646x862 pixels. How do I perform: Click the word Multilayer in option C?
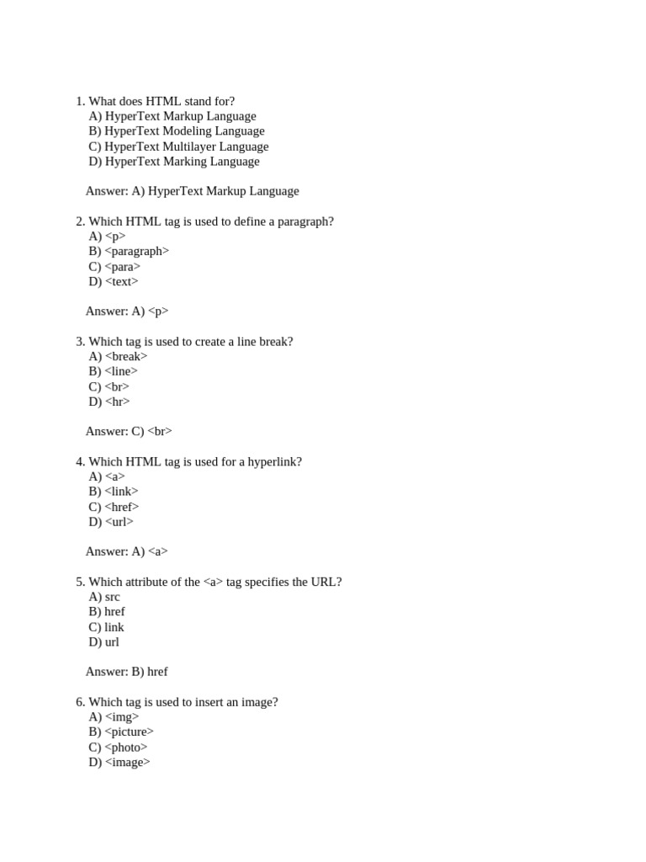pyautogui.click(x=189, y=146)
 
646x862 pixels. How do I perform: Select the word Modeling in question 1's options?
pyautogui.click(x=189, y=131)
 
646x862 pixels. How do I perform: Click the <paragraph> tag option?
pyautogui.click(x=136, y=251)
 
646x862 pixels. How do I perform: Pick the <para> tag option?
pyautogui.click(x=123, y=267)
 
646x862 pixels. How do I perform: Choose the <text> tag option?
pyautogui.click(x=122, y=282)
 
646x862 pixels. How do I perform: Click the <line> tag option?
pyautogui.click(x=121, y=371)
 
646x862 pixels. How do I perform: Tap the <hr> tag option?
pyautogui.click(x=118, y=402)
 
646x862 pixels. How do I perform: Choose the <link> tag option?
pyautogui.click(x=122, y=492)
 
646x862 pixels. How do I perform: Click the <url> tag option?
pyautogui.click(x=119, y=522)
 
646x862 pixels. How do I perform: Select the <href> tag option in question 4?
pyautogui.click(x=122, y=507)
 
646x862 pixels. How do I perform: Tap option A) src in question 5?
pyautogui.click(x=104, y=597)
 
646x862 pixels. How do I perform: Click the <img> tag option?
pyautogui.click(x=122, y=717)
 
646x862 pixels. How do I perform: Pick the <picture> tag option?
pyautogui.click(x=130, y=732)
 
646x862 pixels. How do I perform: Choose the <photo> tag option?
pyautogui.click(x=126, y=748)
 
